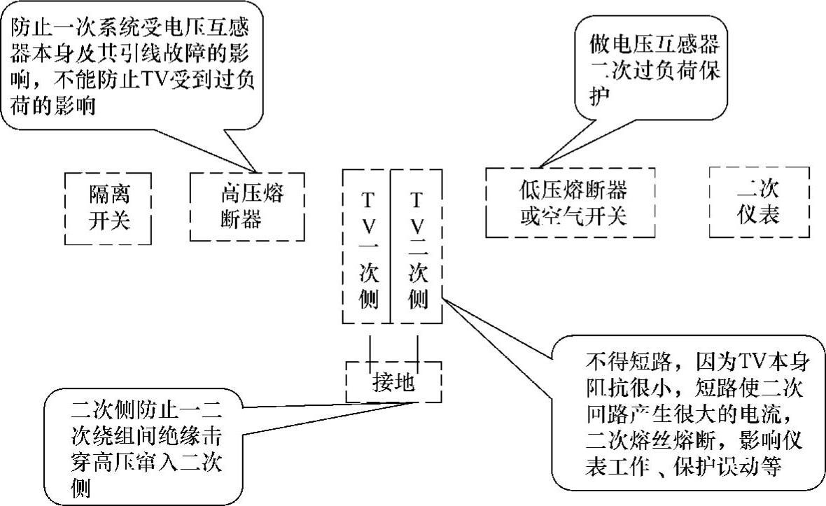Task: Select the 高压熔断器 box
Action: (247, 206)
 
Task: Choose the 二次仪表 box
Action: (759, 202)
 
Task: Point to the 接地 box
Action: (393, 382)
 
